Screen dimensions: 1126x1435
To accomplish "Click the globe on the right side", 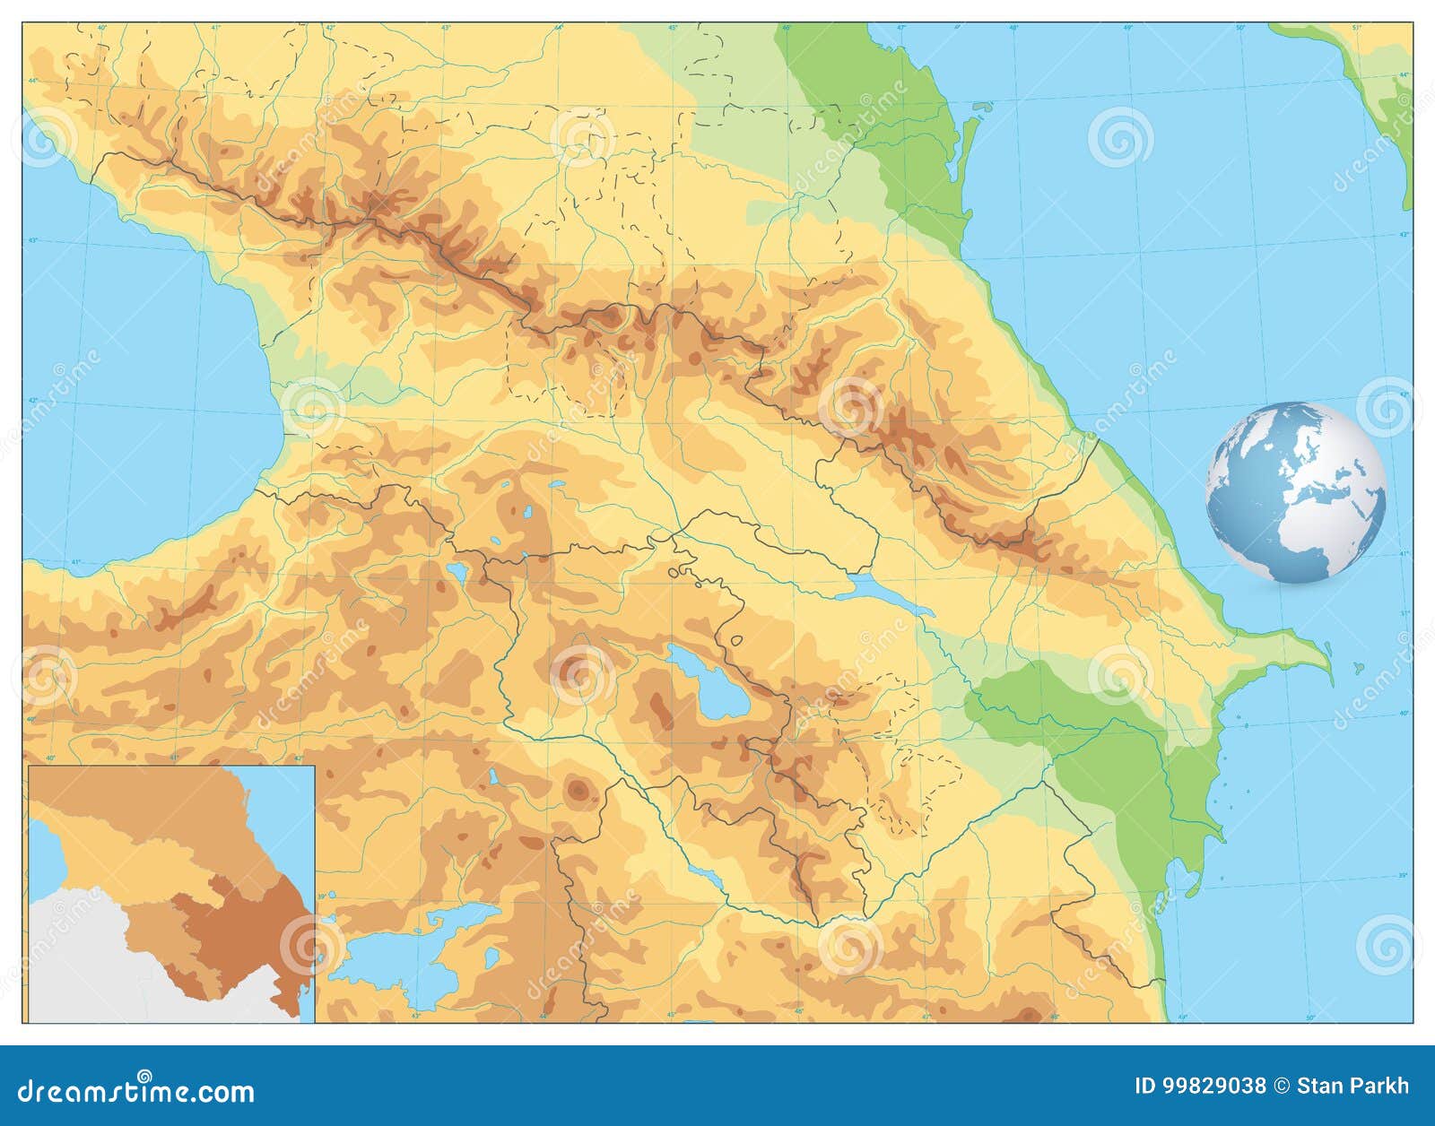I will pyautogui.click(x=1295, y=492).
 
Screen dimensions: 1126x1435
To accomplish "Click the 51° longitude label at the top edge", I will pyautogui.click(x=1357, y=28).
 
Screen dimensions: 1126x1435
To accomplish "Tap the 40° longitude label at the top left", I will pyautogui.click(x=101, y=28).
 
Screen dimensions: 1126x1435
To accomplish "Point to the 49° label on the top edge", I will pyautogui.click(x=1129, y=28).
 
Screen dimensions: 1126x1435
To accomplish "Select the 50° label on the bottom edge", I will pyautogui.click(x=1309, y=1018).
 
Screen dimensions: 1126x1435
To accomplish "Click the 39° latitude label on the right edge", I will pyautogui.click(x=1405, y=875).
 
